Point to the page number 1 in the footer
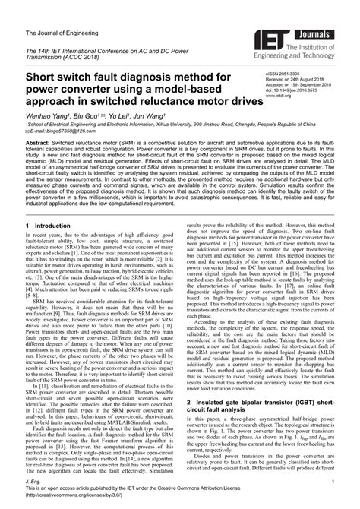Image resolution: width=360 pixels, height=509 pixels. pyautogui.click(x=332, y=479)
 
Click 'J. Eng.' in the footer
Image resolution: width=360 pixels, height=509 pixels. pyautogui.click(x=33, y=479)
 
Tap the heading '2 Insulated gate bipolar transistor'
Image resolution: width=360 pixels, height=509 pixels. pyautogui.click(x=262, y=400)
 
